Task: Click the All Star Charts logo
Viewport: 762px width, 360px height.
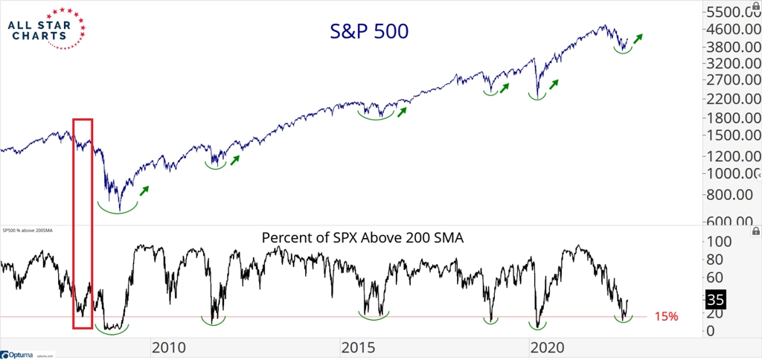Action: [x=46, y=28]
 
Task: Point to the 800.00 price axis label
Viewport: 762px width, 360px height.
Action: [x=731, y=194]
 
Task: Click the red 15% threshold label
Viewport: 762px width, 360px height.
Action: [x=665, y=317]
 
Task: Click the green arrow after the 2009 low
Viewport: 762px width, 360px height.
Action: [x=144, y=190]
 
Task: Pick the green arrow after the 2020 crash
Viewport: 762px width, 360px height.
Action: [x=553, y=85]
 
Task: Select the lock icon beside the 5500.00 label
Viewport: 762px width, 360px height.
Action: [x=756, y=6]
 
